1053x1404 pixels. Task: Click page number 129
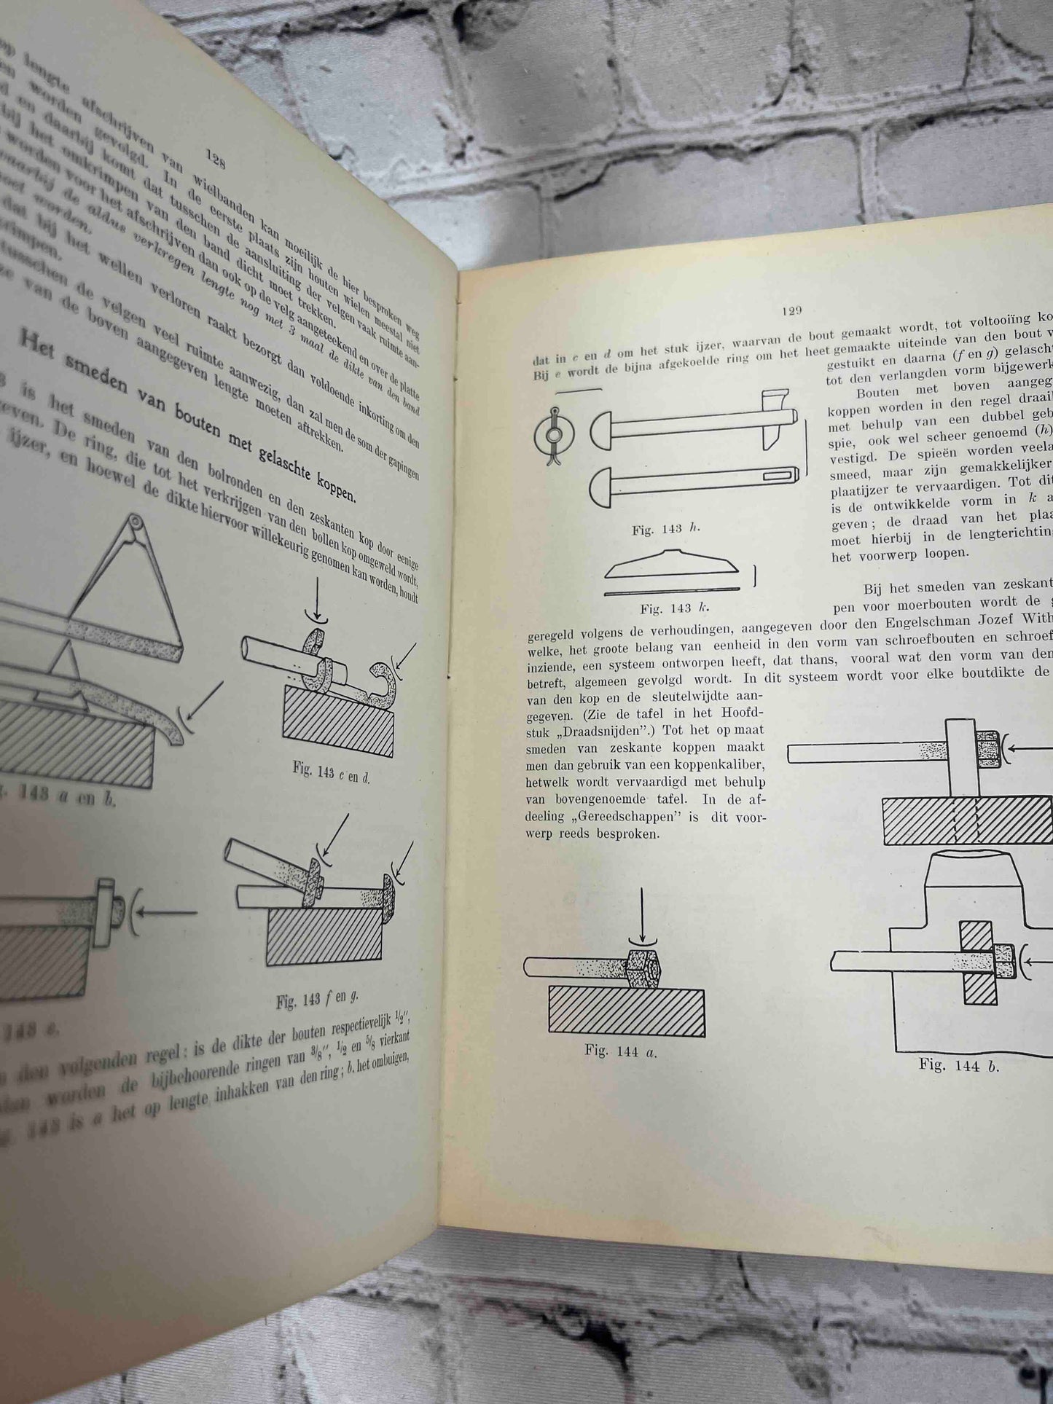coord(791,310)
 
